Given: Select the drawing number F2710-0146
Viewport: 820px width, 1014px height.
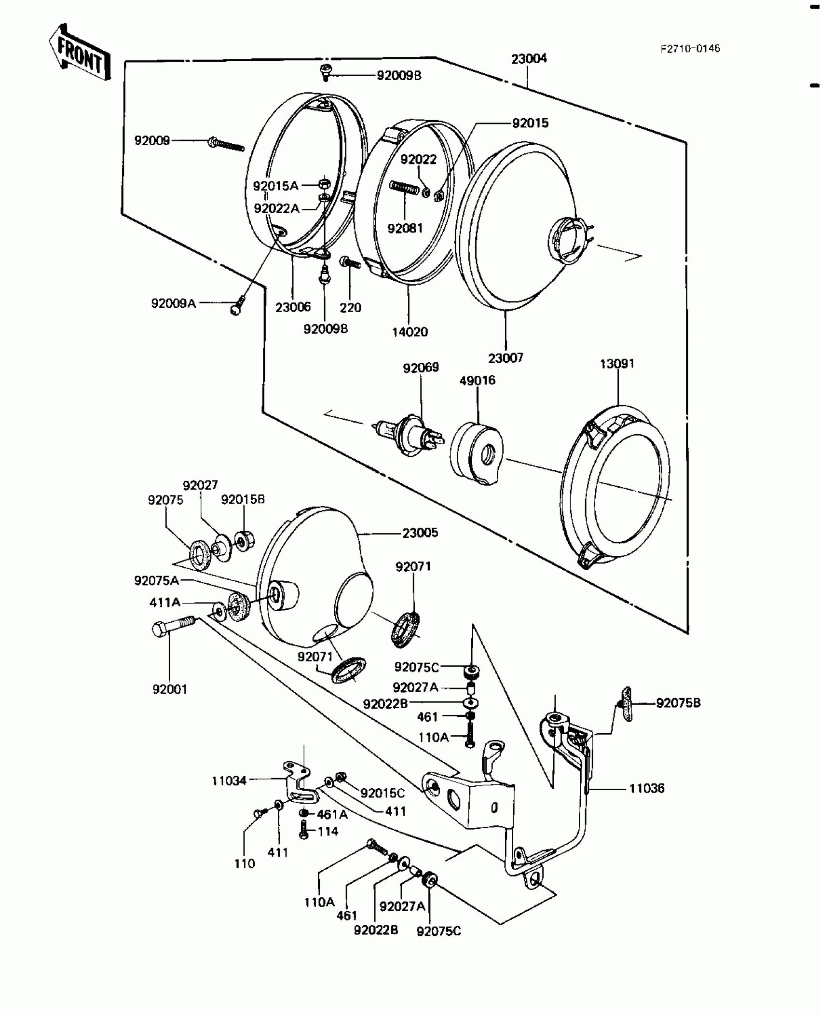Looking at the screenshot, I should pyautogui.click(x=690, y=48).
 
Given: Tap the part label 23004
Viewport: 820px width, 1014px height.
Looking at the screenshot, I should pyautogui.click(x=529, y=59).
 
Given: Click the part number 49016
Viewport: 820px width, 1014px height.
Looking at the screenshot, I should pyautogui.click(x=477, y=381).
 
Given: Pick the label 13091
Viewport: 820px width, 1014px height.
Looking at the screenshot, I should pyautogui.click(x=617, y=364).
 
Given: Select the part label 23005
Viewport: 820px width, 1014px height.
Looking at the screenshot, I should pyautogui.click(x=420, y=533).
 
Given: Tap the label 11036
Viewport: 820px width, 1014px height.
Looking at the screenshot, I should pyautogui.click(x=647, y=788).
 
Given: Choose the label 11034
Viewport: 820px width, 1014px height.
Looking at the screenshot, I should pyautogui.click(x=229, y=781).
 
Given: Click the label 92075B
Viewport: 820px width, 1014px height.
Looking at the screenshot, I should pyautogui.click(x=678, y=703).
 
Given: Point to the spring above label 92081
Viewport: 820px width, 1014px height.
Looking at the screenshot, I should pyautogui.click(x=404, y=188).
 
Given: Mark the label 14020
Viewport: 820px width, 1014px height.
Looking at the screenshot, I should pyautogui.click(x=410, y=332).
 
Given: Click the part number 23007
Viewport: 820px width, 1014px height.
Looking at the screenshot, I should pyautogui.click(x=506, y=358).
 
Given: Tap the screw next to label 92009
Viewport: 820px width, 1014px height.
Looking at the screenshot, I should pyautogui.click(x=227, y=144).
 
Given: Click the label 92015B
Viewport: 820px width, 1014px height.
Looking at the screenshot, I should pyautogui.click(x=243, y=499).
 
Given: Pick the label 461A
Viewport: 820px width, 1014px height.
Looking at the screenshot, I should pyautogui.click(x=332, y=814).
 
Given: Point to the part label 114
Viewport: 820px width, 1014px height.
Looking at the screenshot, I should pyautogui.click(x=328, y=831).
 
